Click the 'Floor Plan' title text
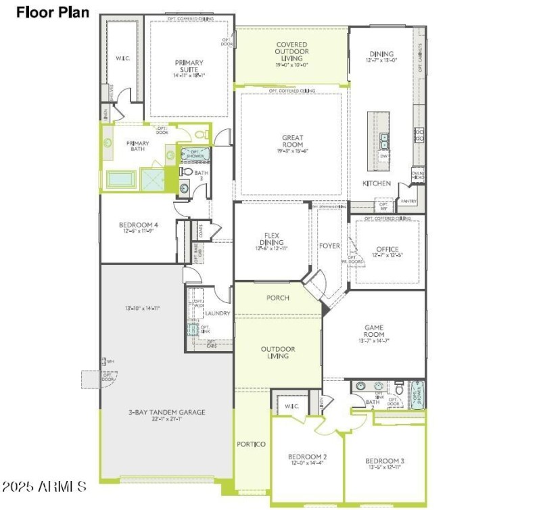53,11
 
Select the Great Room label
292,141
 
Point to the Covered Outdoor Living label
292,51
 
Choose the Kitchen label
377,183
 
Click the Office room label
387,249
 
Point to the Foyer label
329,246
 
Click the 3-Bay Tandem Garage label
167,412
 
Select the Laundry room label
219,313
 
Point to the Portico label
251,444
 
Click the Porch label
277,298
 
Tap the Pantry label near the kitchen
408,201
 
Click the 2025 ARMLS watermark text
44,486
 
